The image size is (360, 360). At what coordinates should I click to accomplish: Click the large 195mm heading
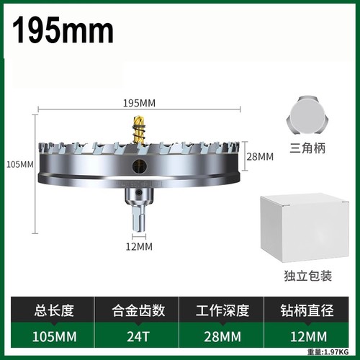click(63, 30)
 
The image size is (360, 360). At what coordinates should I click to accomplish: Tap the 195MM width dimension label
click(139, 103)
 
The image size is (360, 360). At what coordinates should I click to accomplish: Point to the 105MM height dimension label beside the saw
click(20, 165)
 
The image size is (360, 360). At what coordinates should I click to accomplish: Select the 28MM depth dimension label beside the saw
click(260, 157)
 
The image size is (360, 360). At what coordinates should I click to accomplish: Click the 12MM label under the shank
click(139, 246)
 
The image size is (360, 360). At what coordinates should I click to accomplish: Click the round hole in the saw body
click(140, 165)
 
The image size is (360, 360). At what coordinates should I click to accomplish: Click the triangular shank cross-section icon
click(307, 115)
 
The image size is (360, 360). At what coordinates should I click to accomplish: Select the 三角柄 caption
click(307, 148)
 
